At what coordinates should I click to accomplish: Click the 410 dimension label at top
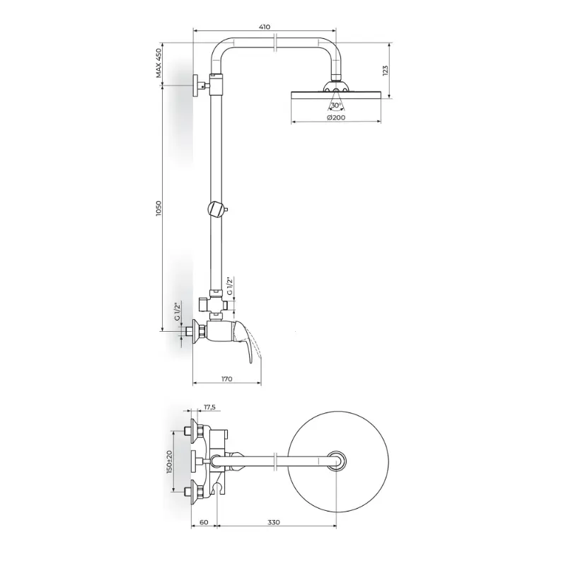pos(265,27)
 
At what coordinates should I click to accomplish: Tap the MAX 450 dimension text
pos(158,63)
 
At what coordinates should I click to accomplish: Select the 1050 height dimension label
pos(158,208)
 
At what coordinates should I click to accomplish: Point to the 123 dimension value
pos(385,70)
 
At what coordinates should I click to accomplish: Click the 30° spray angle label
pos(335,105)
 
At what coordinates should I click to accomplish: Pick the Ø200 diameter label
pos(336,117)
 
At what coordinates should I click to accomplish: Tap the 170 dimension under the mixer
pos(226,379)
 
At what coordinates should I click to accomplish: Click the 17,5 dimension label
pos(209,408)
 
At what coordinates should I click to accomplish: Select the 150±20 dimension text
pos(169,462)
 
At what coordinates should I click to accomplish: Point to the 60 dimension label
pos(204,522)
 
